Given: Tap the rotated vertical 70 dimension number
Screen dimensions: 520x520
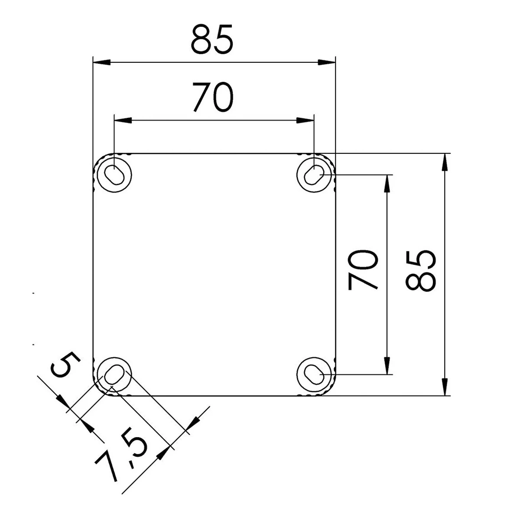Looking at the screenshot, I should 363,270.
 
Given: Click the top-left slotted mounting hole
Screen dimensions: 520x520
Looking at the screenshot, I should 114,175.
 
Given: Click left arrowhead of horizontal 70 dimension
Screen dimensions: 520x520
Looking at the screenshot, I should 122,120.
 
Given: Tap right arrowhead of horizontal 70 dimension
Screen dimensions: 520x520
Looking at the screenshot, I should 305,120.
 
